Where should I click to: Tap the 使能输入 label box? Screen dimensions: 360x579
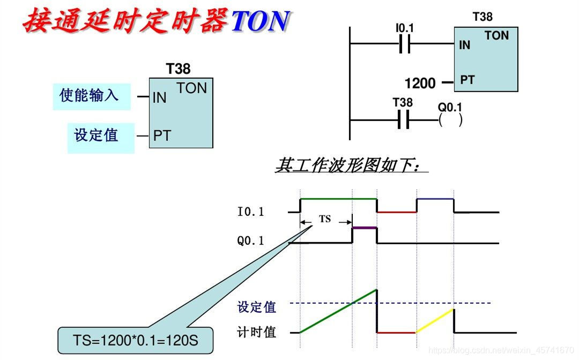(x=91, y=96)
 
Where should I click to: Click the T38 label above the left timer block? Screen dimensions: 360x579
(x=178, y=69)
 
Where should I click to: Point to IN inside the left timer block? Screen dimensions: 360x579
(x=160, y=98)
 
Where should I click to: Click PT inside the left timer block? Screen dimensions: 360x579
(x=162, y=136)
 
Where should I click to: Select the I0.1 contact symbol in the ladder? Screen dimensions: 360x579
(x=405, y=45)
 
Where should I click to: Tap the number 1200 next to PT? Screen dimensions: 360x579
(x=420, y=84)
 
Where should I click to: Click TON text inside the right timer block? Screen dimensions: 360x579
(x=496, y=36)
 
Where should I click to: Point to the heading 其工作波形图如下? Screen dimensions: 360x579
(x=351, y=166)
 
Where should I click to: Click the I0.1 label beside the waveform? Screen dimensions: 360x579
(x=251, y=212)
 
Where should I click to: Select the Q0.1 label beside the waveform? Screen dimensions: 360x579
(x=251, y=241)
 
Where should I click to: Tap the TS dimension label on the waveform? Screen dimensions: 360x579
(x=325, y=219)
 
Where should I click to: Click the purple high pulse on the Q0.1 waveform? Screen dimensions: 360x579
(x=365, y=228)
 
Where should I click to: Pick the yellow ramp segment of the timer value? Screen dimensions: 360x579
(x=435, y=321)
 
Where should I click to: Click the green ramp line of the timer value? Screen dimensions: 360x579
(x=338, y=311)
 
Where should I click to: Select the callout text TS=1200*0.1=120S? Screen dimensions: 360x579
(x=135, y=340)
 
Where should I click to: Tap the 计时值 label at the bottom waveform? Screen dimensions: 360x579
(x=257, y=332)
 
